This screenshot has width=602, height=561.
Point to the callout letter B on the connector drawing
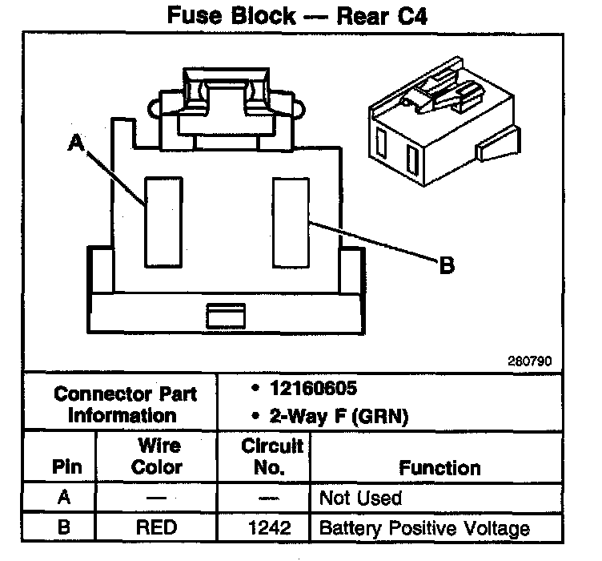447,264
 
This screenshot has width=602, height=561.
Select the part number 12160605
312,389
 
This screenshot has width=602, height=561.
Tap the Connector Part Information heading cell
122,404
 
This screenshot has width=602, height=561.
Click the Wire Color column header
157,456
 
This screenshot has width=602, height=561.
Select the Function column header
439,467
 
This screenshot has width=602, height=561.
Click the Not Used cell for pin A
360,498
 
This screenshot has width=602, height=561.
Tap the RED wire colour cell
157,528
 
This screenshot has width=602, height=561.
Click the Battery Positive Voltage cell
424,528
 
